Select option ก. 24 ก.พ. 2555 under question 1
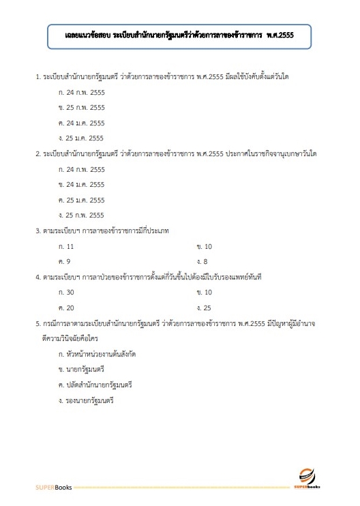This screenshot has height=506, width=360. click(x=82, y=91)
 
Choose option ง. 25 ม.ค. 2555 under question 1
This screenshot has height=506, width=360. click(x=82, y=138)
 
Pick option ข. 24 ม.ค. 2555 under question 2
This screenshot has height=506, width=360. click(x=82, y=184)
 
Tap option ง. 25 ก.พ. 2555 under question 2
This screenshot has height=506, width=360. click(x=82, y=215)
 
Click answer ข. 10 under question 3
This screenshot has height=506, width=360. click(x=204, y=245)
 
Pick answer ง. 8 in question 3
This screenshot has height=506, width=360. click(x=202, y=261)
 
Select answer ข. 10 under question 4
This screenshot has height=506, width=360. click(x=204, y=292)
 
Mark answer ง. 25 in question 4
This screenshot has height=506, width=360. click(x=204, y=308)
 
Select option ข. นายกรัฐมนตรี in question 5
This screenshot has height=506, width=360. click(x=82, y=369)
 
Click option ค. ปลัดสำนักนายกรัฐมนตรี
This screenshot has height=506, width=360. click(x=95, y=385)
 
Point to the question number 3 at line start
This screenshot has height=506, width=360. click(x=37, y=230)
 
